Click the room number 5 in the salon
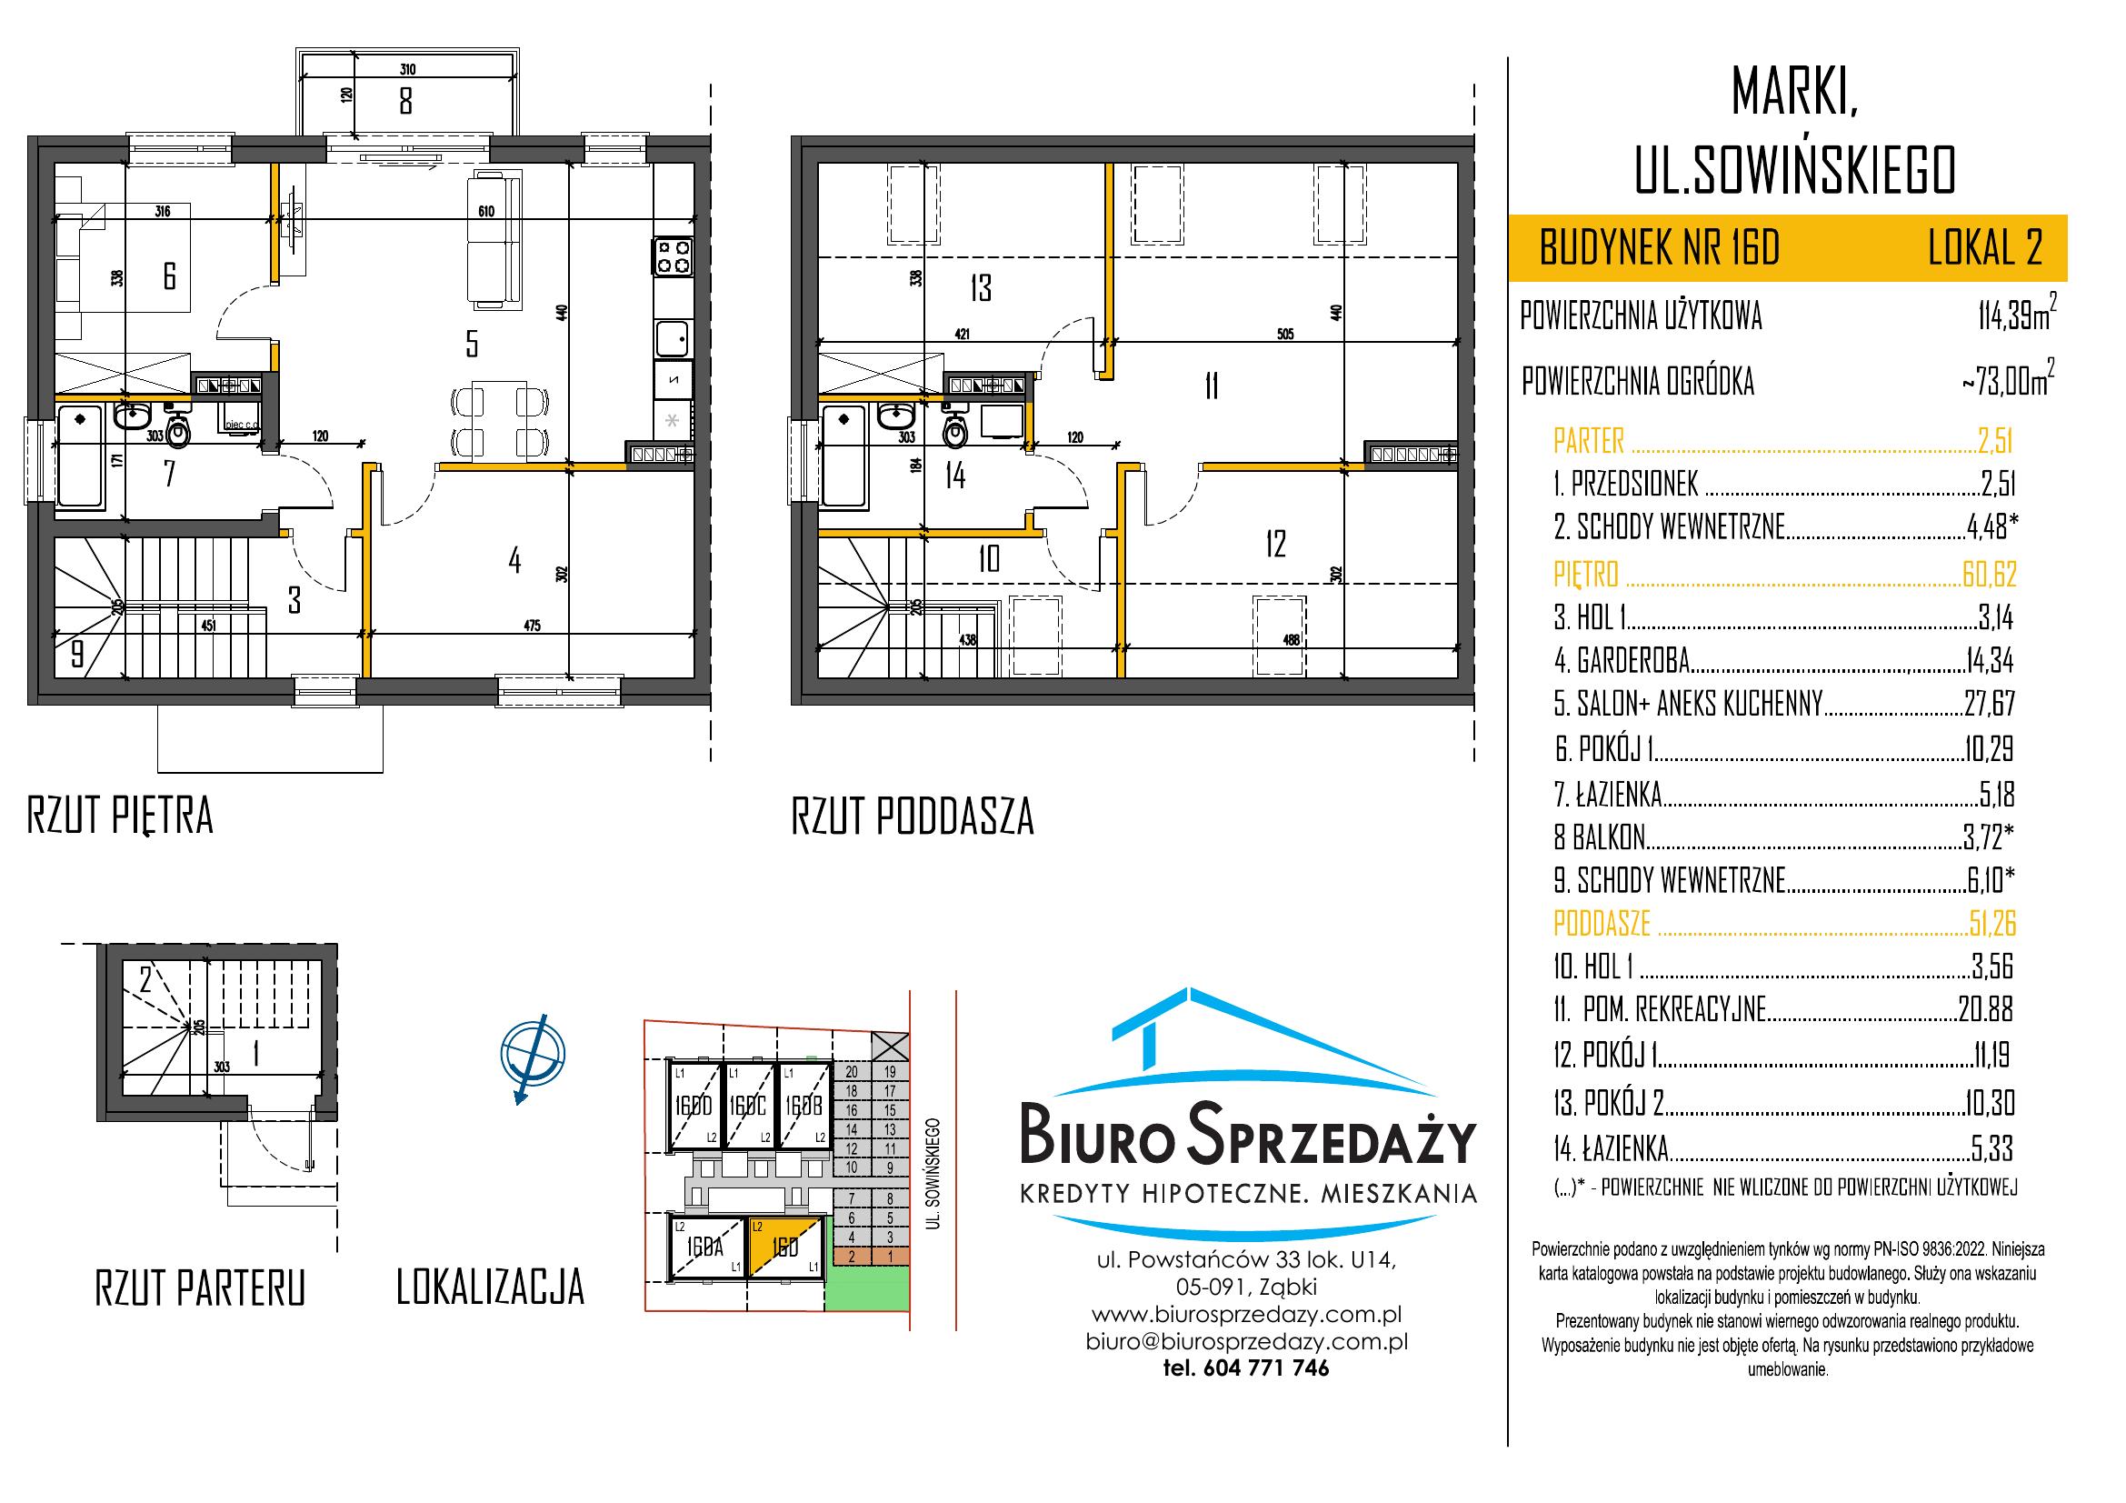pos(473,345)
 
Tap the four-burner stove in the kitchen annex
pos(674,257)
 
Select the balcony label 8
pos(405,99)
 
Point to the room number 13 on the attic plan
pos(982,287)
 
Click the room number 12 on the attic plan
pos(1275,544)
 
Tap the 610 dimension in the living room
pos(486,212)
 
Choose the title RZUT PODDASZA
pos(912,817)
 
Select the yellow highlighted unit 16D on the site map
pos(784,1247)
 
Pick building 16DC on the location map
pos(748,1106)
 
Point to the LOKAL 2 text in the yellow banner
pos(1984,248)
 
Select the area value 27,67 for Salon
pos(1989,704)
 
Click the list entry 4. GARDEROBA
pos(1622,660)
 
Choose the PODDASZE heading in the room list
pos(1602,923)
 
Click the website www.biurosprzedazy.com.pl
pos(1246,1315)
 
